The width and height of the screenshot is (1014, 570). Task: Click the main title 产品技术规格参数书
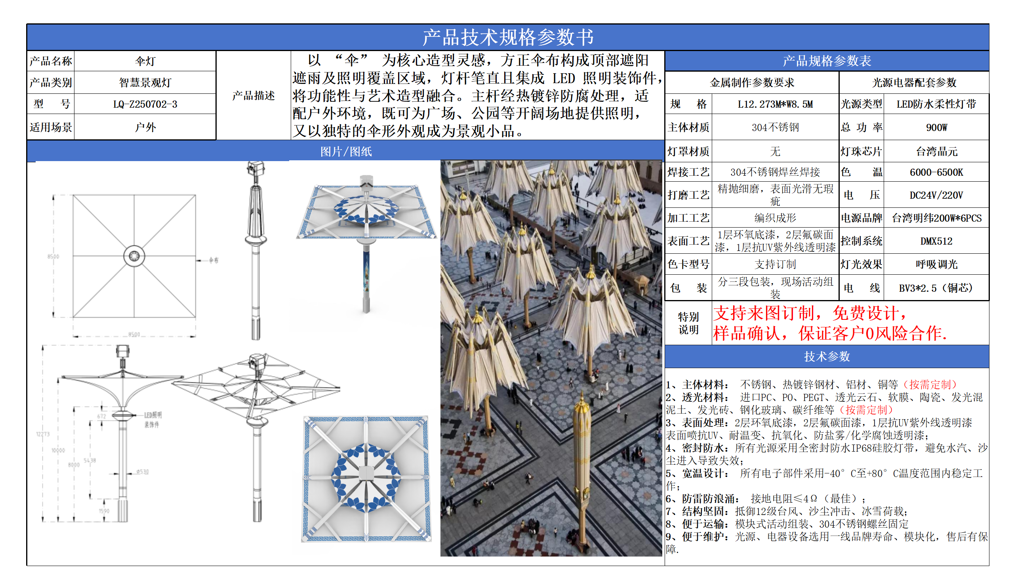click(508, 37)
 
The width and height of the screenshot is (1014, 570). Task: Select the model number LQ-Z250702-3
click(145, 104)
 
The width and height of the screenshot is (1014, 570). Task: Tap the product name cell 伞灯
click(145, 61)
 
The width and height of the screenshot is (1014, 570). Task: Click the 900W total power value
click(936, 127)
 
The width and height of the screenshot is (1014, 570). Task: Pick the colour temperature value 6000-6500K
click(936, 172)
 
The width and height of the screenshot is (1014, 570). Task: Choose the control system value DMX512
click(936, 241)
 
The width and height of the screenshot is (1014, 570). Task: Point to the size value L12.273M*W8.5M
click(775, 104)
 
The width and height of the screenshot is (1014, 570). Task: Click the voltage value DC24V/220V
click(936, 195)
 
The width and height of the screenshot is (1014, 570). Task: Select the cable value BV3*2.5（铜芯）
click(936, 288)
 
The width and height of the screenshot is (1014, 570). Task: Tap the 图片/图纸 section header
click(346, 152)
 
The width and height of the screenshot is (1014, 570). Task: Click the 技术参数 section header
click(827, 357)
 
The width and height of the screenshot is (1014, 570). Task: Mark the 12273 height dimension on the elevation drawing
click(43, 434)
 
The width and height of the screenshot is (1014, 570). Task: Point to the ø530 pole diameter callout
click(143, 472)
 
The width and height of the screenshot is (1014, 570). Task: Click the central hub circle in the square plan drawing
click(134, 256)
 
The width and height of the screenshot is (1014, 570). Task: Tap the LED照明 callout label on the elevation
click(152, 415)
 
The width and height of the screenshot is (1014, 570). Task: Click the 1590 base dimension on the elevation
click(104, 511)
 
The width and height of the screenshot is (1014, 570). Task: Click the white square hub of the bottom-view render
click(366, 473)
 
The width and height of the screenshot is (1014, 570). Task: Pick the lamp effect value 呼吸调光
click(936, 264)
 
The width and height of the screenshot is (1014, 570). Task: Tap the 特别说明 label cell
click(688, 323)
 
